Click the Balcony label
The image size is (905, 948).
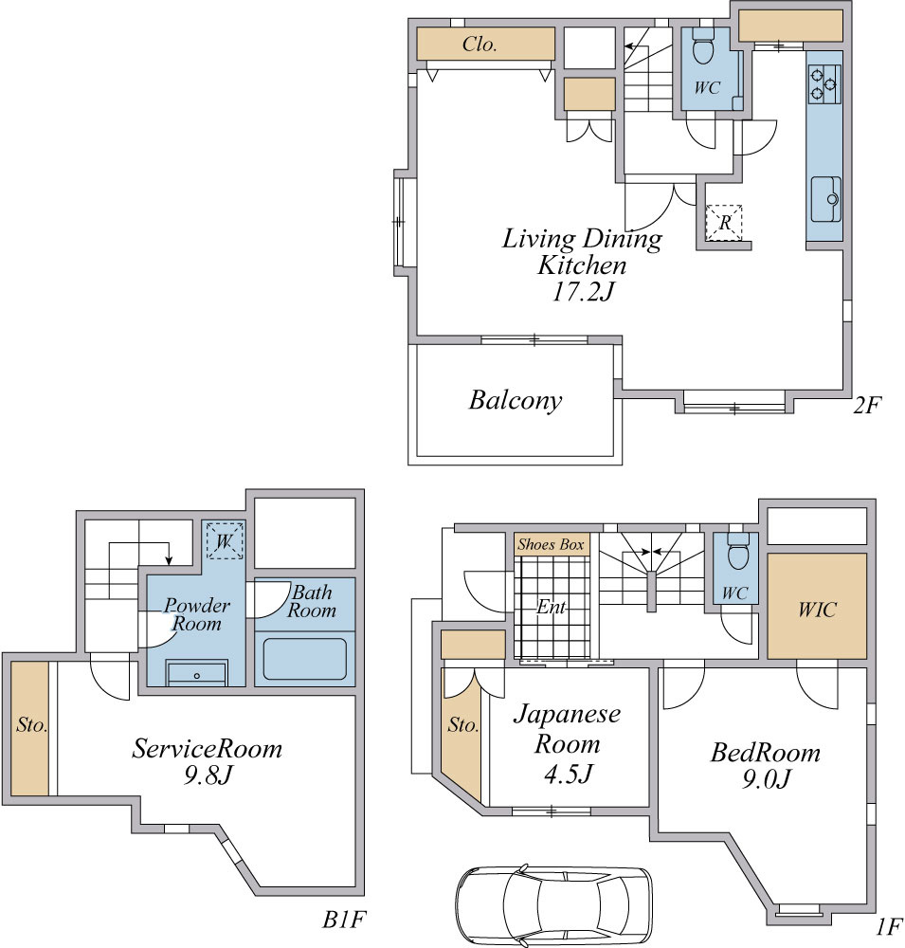coord(516,400)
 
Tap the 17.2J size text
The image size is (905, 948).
coord(583,292)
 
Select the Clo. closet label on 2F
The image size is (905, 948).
coord(480,44)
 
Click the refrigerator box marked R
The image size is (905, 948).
coord(724,223)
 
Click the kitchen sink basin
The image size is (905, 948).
coord(825,199)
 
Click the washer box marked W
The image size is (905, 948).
coord(225,540)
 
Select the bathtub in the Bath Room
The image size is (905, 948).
coord(305,659)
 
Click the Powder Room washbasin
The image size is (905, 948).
coord(196,674)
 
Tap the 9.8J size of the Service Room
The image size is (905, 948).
coord(208,775)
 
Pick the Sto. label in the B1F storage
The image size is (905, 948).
coord(31,724)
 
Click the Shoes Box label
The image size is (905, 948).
coord(551,544)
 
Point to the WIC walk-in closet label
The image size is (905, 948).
coord(817,610)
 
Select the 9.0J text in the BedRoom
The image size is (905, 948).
coord(766,779)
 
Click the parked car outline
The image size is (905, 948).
coord(553,905)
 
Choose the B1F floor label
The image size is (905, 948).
coord(343,920)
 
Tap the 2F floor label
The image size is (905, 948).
coord(867,405)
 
